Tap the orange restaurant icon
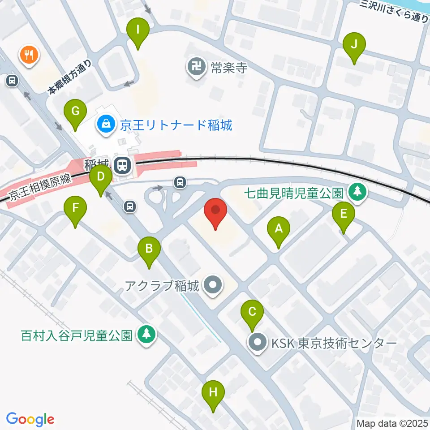(30, 55)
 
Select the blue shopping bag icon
(106, 124)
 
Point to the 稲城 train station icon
(121, 166)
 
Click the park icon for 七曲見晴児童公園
(357, 193)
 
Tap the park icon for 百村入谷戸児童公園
(145, 334)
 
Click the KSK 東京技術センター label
(334, 344)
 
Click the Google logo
(30, 419)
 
